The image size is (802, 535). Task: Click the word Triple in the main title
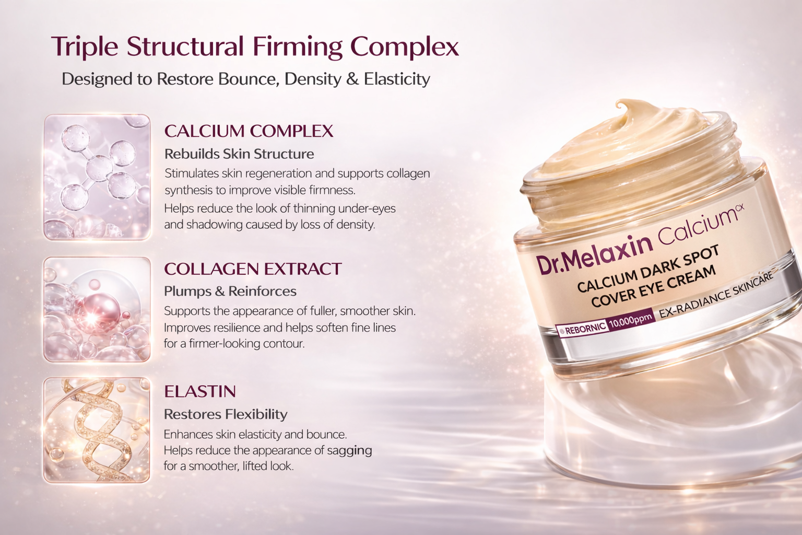85,46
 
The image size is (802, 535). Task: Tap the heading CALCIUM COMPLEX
249,131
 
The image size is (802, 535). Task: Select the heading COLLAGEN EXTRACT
253,269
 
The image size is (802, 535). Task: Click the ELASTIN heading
200,391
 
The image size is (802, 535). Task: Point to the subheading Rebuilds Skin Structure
239,154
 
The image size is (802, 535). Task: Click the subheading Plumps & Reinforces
230,292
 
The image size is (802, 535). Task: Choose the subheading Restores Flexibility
226,414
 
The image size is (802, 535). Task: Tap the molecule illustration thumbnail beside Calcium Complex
97,177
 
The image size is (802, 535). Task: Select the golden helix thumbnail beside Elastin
97,429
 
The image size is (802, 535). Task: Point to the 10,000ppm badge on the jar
631,321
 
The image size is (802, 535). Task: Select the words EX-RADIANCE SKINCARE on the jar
716,295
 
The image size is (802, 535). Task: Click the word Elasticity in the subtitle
397,79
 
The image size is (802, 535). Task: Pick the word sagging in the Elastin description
349,450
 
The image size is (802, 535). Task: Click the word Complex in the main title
405,47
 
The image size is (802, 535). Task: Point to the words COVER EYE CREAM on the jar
653,286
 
